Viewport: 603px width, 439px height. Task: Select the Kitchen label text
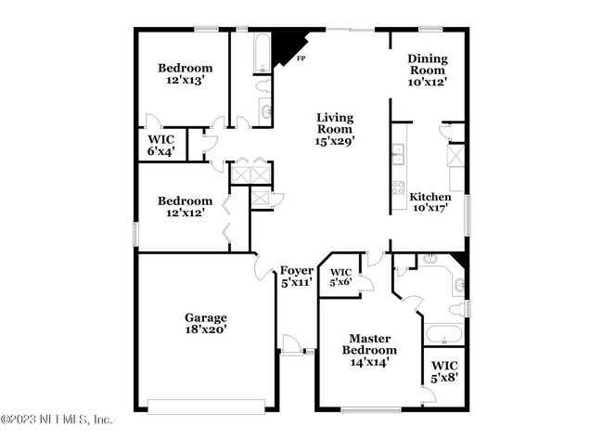coord(430,197)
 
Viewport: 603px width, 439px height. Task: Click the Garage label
coord(205,317)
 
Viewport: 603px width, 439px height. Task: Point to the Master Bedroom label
coord(373,344)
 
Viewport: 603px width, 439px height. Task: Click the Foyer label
coord(297,270)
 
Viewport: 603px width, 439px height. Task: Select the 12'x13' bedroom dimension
coord(185,81)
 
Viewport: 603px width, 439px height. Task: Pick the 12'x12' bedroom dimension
coord(185,213)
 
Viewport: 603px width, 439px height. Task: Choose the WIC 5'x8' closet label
coord(443,372)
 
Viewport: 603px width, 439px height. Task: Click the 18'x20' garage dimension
coord(205,329)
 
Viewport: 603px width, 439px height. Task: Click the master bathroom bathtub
coord(443,333)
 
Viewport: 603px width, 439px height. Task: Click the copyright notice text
coord(58,420)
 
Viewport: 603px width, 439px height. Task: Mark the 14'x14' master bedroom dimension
coord(373,363)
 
